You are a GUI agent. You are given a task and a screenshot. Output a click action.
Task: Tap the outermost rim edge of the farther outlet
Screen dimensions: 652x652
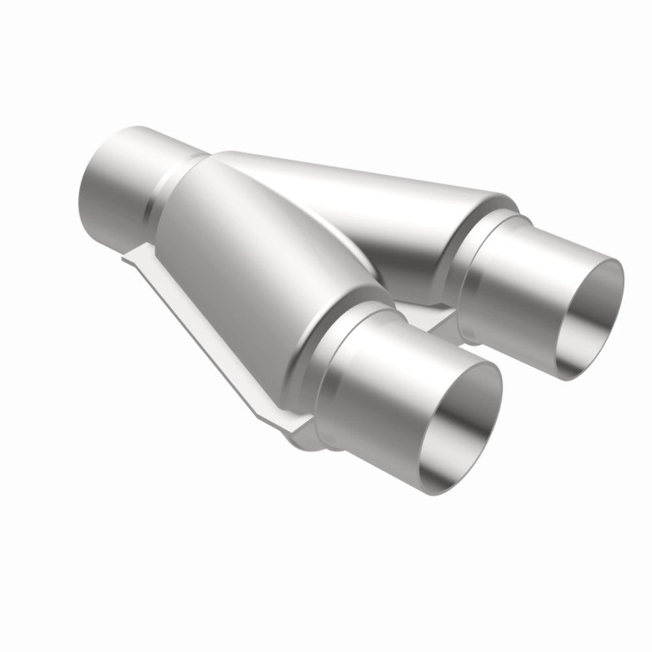[619, 287]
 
